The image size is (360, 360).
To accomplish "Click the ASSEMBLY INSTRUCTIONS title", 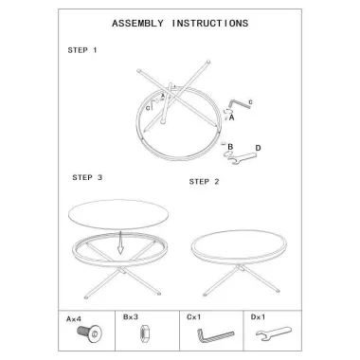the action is (x=180, y=24).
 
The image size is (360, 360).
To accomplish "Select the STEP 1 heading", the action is (x=82, y=50).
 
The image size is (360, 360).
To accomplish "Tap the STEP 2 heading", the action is (x=204, y=182).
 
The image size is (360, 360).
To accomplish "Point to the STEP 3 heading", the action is (x=87, y=177).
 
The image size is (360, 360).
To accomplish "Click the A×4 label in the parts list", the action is (x=74, y=319).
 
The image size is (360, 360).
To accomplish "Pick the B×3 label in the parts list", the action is (x=131, y=316).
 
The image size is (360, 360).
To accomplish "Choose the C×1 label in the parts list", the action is (x=193, y=316).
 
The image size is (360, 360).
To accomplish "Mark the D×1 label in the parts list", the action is (x=258, y=316).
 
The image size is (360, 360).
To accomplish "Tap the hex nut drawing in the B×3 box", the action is (x=145, y=333).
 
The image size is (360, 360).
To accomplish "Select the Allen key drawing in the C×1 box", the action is (x=215, y=335).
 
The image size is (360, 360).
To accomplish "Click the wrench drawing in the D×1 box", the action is (x=274, y=334).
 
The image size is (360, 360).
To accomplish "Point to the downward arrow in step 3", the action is (x=120, y=243).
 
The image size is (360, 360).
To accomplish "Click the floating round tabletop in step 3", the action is (x=118, y=214).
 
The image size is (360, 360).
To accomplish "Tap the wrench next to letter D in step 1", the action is (x=243, y=158).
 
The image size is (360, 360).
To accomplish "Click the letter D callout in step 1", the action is (x=258, y=148).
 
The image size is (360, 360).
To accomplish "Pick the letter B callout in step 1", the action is (x=230, y=147).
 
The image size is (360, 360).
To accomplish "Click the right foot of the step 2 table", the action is (x=278, y=291).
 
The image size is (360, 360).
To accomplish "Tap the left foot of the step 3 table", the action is (x=86, y=297).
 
